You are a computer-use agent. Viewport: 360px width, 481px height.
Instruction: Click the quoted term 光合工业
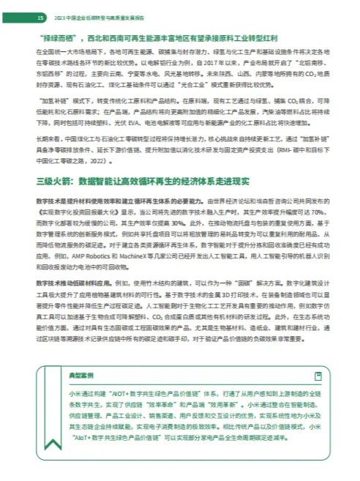click(217, 85)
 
